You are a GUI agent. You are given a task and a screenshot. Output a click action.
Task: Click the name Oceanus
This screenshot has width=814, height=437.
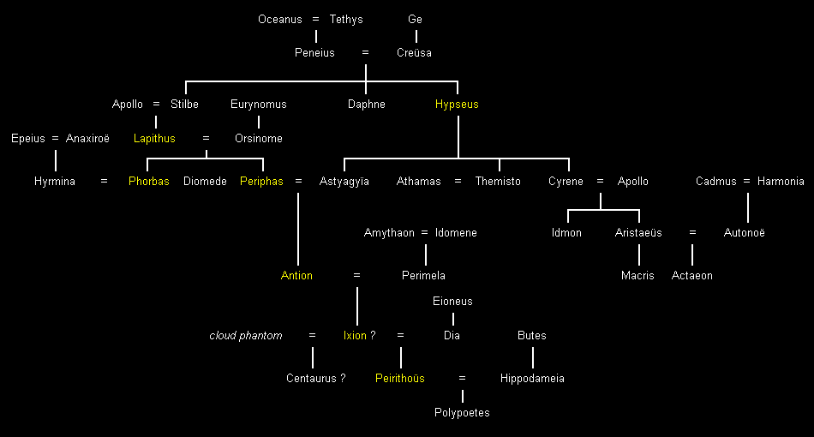click(278, 19)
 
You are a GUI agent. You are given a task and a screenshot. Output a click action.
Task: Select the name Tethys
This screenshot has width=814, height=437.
click(346, 19)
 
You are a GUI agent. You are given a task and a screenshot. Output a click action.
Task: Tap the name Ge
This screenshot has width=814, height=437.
click(416, 19)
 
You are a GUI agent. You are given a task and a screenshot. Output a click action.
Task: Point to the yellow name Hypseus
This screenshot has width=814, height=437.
click(457, 105)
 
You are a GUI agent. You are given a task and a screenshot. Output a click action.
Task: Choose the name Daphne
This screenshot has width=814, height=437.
click(367, 105)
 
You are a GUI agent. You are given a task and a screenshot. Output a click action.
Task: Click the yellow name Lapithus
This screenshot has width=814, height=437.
click(154, 139)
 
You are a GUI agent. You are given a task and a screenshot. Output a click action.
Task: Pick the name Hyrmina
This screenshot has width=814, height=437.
click(55, 182)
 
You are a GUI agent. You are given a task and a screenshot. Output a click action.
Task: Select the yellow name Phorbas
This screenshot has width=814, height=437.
click(149, 182)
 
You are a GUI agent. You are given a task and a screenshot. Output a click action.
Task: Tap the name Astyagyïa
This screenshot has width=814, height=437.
click(344, 182)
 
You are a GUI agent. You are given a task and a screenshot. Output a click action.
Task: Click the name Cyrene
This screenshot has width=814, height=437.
click(566, 182)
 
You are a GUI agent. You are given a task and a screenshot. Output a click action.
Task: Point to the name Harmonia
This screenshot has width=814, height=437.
click(781, 182)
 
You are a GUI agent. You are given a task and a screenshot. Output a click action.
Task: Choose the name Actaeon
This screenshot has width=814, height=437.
click(692, 276)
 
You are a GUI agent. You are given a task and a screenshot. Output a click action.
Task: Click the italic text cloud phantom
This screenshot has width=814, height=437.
click(246, 336)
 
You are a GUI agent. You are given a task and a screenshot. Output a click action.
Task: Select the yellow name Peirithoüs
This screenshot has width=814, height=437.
click(400, 379)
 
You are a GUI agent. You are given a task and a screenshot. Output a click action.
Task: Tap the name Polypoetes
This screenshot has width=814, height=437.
click(462, 413)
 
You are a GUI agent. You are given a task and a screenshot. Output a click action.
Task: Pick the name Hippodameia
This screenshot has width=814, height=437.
click(532, 379)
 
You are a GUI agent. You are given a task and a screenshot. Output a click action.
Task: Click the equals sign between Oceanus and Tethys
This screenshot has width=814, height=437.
click(315, 19)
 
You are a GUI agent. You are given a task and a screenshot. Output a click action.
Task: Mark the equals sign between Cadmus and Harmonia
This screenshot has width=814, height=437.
click(746, 182)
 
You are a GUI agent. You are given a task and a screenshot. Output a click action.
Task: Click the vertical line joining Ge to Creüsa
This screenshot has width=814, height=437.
click(416, 36)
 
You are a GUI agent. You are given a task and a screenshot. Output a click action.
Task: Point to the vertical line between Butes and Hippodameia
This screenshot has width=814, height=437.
click(532, 356)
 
